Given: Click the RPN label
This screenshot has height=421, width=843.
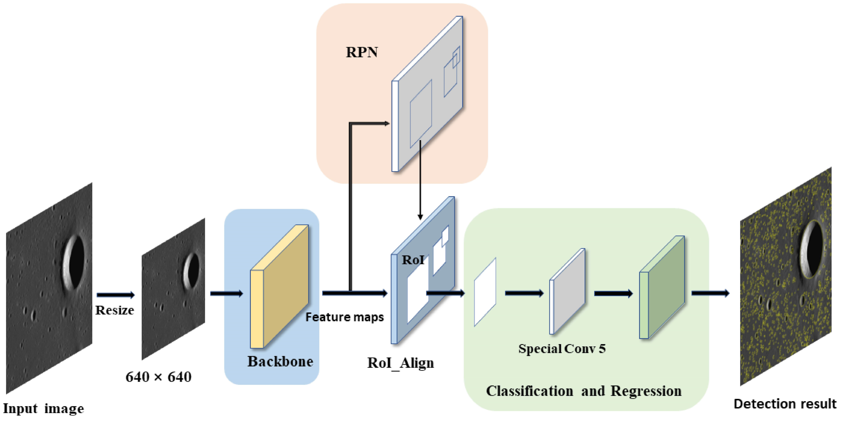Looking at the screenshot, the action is point(362,52).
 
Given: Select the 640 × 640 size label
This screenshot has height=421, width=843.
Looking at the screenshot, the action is point(158,377).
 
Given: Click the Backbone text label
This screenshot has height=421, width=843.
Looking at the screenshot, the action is point(280,362).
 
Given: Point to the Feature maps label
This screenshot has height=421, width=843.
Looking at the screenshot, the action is point(344,317).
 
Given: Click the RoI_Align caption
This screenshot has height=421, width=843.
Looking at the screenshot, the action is point(401,363).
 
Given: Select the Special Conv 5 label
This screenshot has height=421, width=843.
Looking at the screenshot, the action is point(562,348).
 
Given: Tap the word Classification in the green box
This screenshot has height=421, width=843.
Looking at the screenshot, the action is point(529,391).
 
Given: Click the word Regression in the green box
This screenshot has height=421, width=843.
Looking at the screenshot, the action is point(646,391).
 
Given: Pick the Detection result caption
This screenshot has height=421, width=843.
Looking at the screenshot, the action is point(785,404).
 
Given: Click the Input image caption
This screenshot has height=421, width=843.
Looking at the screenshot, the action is point(43,408).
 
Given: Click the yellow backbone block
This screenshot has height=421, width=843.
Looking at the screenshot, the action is point(280,286).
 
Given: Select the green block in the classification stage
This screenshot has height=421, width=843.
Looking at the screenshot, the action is point(662,288).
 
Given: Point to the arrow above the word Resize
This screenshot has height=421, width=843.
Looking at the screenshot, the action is point(115,295).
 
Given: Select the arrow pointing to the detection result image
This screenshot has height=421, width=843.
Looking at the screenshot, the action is point(710,293).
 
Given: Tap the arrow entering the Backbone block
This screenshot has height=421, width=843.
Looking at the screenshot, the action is point(227,293).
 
